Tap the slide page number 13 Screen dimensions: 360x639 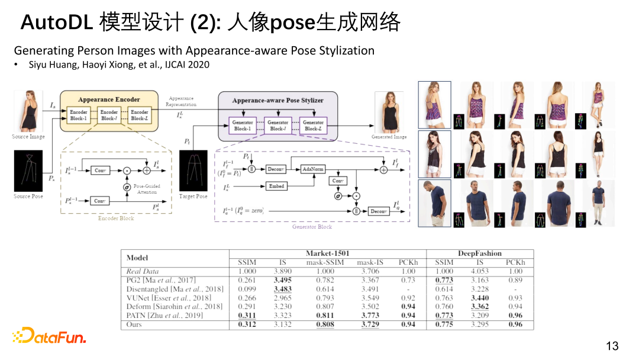coord(612,346)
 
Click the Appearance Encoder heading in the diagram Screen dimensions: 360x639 coord(109,99)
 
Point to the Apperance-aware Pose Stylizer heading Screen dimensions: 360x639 coord(277,100)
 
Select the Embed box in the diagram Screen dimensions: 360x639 coord(276,186)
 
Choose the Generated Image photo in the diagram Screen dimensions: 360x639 coord(389,112)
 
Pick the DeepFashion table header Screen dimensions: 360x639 coord(479,253)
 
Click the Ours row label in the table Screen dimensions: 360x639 coord(134,325)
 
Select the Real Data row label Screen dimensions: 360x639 coord(143,271)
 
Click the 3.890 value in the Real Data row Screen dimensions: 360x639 coord(283,271)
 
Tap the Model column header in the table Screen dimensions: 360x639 coord(137,258)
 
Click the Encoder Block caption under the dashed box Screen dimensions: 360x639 coord(116,218)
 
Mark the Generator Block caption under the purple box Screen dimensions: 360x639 coord(312,227)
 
